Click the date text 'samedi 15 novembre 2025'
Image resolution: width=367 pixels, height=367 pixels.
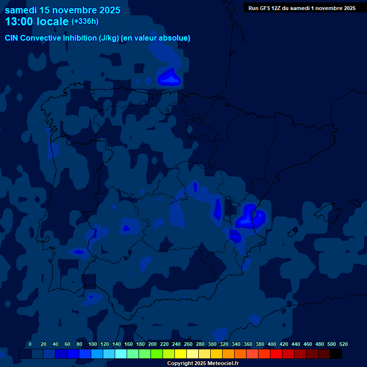click(63, 10)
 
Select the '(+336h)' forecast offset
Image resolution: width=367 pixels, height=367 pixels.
click(85, 22)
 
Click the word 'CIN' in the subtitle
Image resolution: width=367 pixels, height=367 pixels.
click(12, 38)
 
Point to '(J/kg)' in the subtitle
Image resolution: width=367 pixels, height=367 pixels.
click(109, 38)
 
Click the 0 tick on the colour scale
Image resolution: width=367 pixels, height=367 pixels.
click(30, 344)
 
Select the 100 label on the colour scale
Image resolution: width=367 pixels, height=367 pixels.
click(91, 344)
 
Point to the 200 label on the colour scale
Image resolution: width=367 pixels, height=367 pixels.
click(152, 344)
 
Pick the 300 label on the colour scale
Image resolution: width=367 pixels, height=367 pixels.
click(212, 344)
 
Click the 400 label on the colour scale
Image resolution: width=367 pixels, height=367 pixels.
click(272, 344)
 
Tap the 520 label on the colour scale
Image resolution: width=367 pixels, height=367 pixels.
click(344, 344)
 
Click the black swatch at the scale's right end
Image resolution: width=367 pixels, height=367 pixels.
click(336, 354)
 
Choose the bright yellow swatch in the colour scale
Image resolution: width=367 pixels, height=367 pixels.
click(181, 354)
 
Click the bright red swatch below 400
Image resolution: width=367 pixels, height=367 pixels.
click(276, 354)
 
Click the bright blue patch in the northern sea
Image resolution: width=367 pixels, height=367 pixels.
click(168, 77)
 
